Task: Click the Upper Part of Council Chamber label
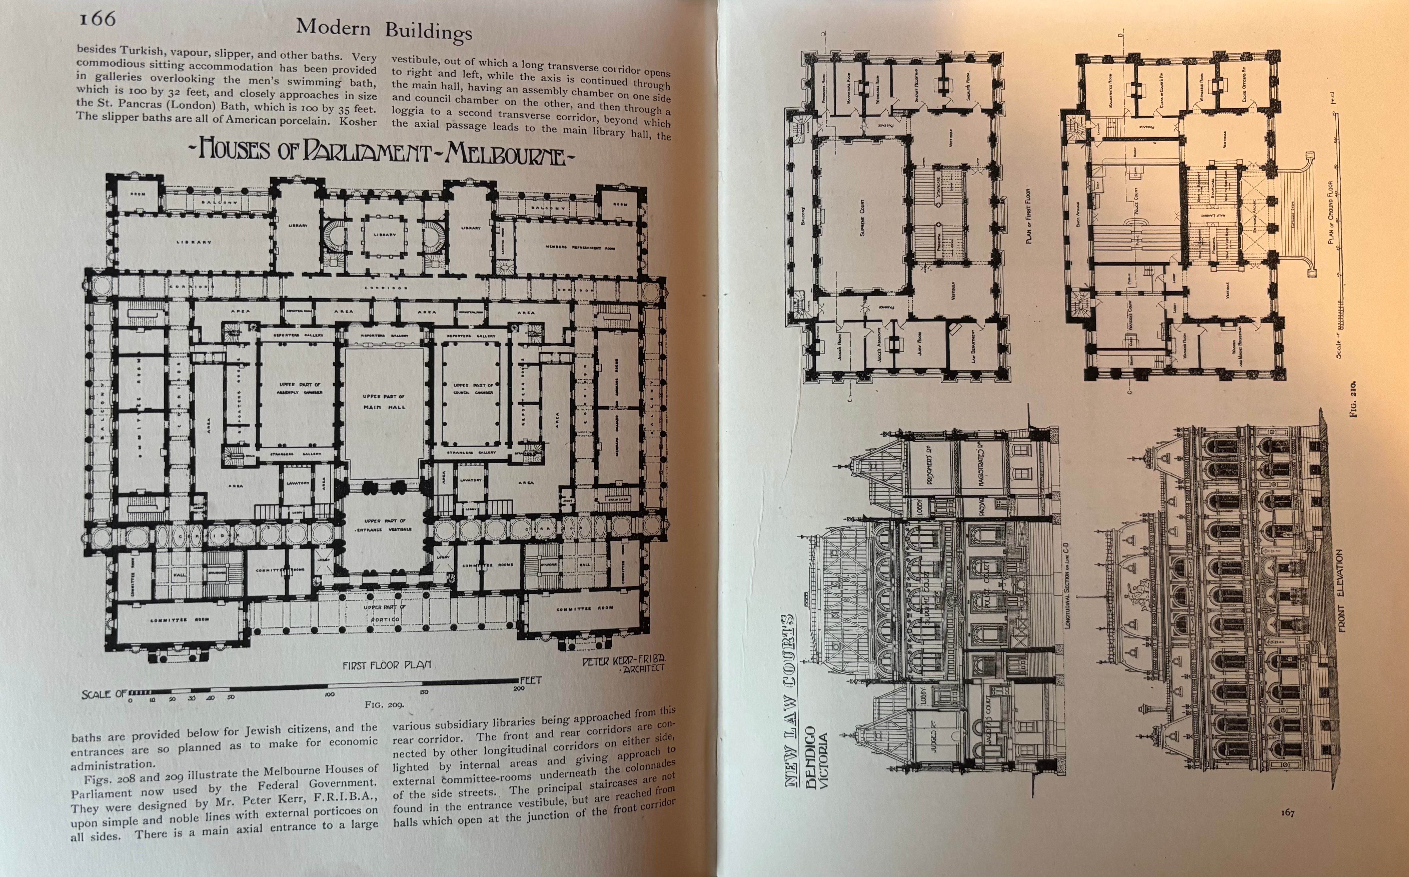coord(473,389)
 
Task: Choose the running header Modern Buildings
coord(384,29)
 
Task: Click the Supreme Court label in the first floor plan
coord(862,217)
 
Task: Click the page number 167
coord(1287,813)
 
